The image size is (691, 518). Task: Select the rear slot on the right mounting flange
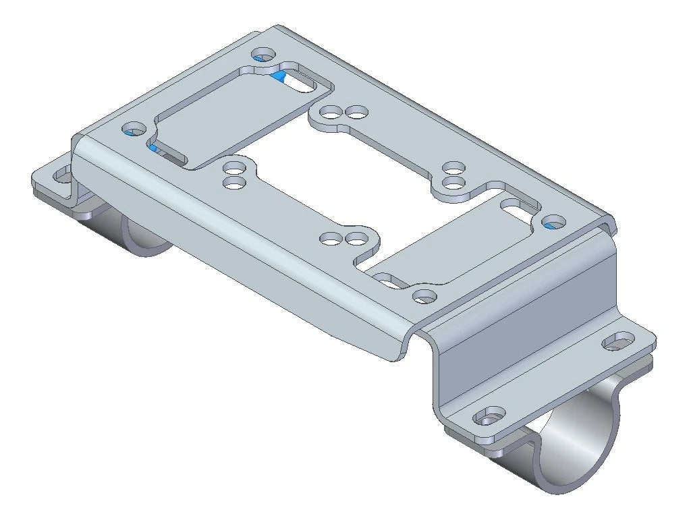616,343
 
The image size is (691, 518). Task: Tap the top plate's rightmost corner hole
553,221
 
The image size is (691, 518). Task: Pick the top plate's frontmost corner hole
423,295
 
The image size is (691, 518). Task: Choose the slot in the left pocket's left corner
165,154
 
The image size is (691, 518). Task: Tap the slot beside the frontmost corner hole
388,280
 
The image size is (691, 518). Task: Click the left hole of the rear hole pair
330,113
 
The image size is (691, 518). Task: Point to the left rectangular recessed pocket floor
229,118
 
